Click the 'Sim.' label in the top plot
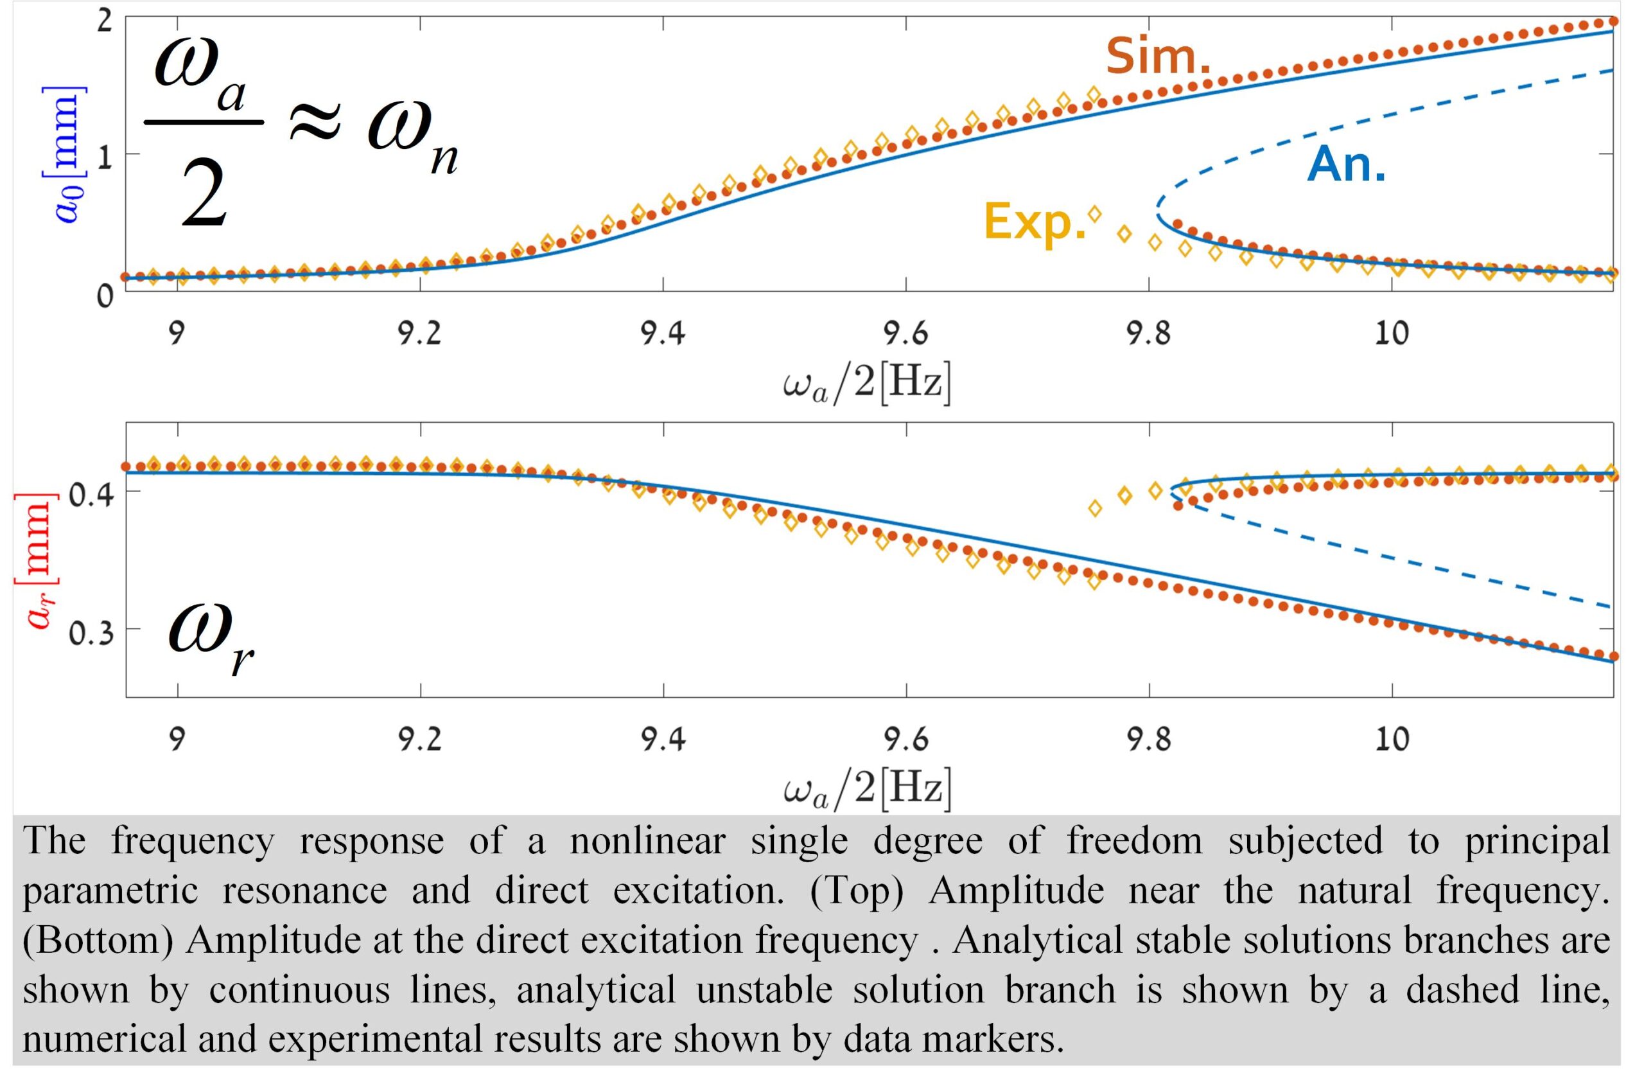click(x=1158, y=57)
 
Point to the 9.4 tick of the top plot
click(x=663, y=333)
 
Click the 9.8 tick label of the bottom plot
click(x=1150, y=740)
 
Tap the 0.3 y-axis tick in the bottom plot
click(x=91, y=633)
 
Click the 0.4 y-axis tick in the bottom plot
click(x=91, y=496)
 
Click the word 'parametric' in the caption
click(x=111, y=891)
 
